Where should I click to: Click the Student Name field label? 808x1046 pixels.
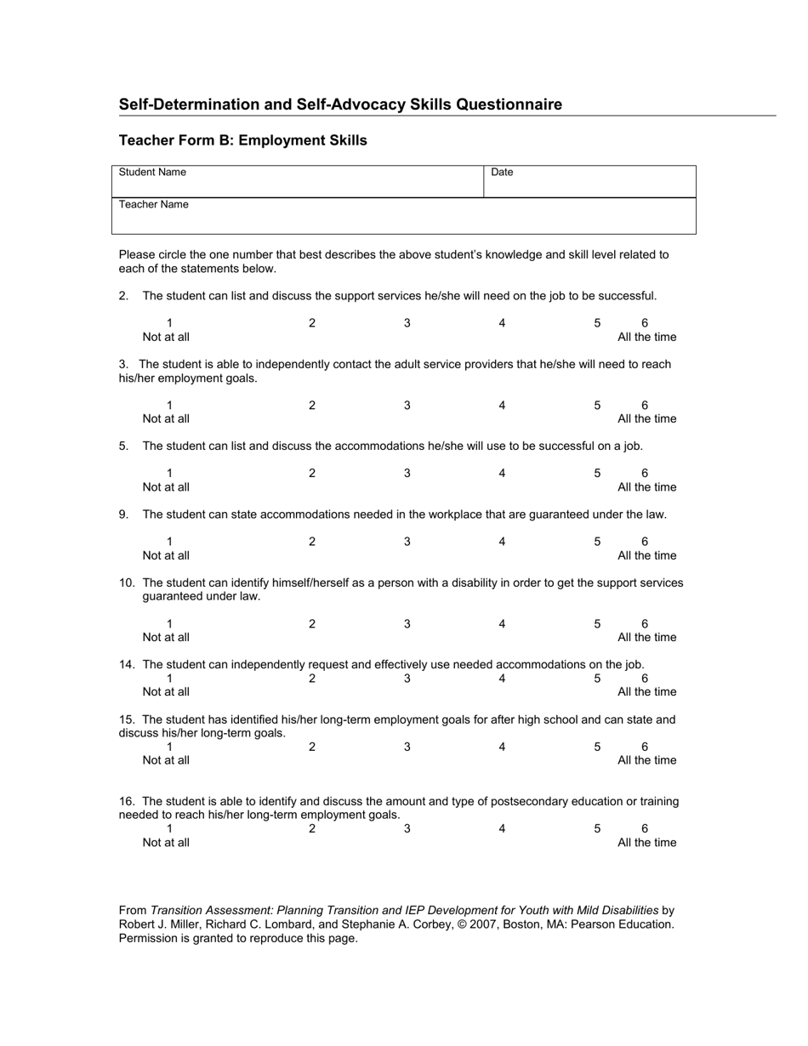[152, 172]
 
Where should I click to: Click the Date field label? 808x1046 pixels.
[502, 172]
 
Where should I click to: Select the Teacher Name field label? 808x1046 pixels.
[154, 204]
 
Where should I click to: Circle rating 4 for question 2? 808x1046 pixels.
[502, 323]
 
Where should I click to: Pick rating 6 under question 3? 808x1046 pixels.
[645, 405]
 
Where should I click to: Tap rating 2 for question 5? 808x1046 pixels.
[312, 473]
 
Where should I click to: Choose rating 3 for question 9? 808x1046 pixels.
[407, 542]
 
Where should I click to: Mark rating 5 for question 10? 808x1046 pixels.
[597, 623]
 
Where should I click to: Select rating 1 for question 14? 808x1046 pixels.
[169, 679]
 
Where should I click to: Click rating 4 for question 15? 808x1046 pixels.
[502, 747]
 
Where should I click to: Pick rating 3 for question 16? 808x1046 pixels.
[407, 828]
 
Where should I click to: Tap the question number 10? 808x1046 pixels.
[127, 583]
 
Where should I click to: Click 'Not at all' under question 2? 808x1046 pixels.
[166, 337]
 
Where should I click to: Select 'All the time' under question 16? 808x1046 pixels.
[646, 843]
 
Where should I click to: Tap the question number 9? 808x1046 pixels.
[123, 514]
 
